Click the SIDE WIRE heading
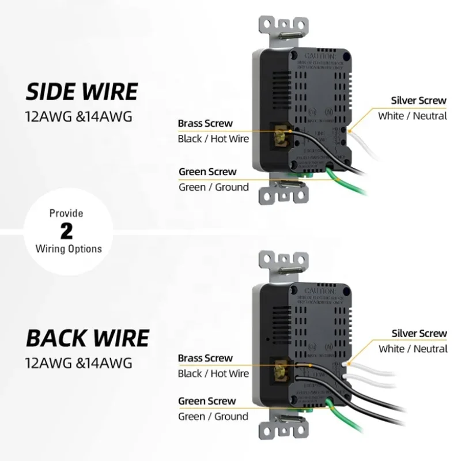click(x=82, y=92)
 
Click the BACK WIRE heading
click(x=88, y=338)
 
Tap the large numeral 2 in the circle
click(x=67, y=231)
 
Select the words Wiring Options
click(x=69, y=249)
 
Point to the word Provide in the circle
click(x=67, y=213)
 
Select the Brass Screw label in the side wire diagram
click(x=205, y=123)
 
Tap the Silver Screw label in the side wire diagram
click(x=418, y=100)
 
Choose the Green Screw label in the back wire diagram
click(x=207, y=401)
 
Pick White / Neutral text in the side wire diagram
click(x=412, y=116)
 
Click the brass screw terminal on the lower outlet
click(x=283, y=370)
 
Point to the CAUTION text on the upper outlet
click(x=315, y=57)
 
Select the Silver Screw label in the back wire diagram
click(x=419, y=333)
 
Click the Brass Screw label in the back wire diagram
click(x=205, y=358)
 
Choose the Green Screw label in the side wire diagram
click(x=207, y=171)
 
